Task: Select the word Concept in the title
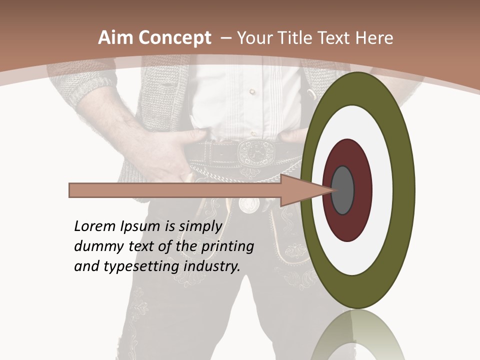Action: click(x=175, y=38)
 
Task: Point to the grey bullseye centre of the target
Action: click(x=342, y=190)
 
